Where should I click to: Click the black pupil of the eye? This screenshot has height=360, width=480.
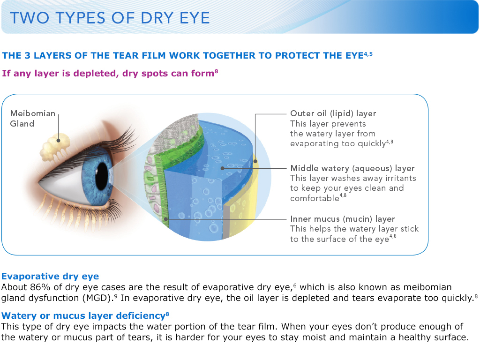102,177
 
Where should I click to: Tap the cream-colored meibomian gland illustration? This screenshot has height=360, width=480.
55,147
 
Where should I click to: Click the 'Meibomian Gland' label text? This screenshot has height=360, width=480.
33,119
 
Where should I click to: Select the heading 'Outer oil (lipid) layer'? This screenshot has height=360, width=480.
333,113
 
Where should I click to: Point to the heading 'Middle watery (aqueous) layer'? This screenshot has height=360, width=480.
352,168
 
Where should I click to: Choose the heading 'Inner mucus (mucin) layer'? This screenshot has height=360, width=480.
343,219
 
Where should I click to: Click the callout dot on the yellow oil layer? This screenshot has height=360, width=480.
255,161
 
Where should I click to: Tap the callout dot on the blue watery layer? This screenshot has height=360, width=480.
223,168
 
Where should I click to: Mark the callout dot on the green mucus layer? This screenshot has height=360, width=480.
165,219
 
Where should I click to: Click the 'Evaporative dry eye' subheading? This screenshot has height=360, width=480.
50,277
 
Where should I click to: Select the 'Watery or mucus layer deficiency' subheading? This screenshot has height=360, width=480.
83,315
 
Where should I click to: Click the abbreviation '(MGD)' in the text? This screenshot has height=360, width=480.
98,298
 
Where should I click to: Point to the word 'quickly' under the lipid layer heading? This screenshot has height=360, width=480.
372,144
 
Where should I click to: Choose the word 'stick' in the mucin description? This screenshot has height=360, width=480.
410,229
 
